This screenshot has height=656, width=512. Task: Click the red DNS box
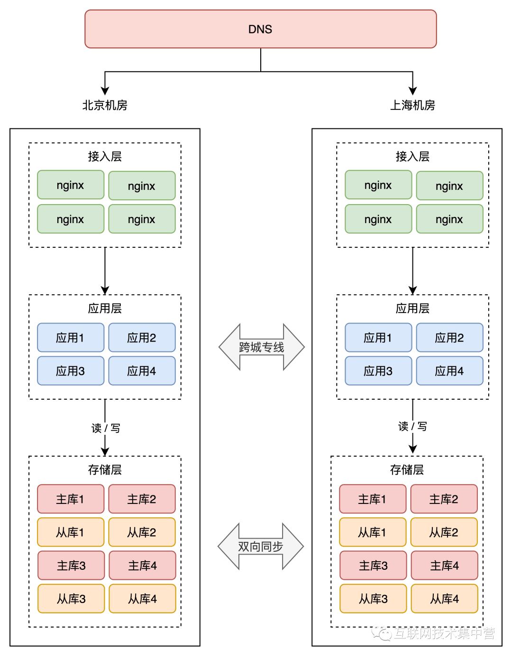click(x=260, y=29)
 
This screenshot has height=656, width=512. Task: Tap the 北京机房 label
click(x=105, y=105)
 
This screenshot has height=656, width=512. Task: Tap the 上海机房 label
click(x=412, y=105)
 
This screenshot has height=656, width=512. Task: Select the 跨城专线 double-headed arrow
click(x=262, y=347)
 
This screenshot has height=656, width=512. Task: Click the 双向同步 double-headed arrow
click(x=261, y=547)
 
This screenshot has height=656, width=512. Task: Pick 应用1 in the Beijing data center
click(x=71, y=338)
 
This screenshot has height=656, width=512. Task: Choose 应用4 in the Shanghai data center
click(x=449, y=371)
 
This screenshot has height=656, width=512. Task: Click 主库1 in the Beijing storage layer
click(x=71, y=499)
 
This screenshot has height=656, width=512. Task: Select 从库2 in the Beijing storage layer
click(x=142, y=532)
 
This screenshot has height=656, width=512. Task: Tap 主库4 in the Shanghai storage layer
click(x=444, y=566)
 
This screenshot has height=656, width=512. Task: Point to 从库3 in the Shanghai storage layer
click(x=373, y=599)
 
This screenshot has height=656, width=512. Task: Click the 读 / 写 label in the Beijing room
click(x=106, y=428)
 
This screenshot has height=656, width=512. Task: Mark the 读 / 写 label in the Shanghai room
click(x=412, y=426)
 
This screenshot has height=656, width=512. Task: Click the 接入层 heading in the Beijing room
click(x=105, y=156)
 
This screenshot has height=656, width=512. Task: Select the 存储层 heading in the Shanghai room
click(x=407, y=470)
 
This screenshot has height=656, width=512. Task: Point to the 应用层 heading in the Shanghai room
click(x=412, y=308)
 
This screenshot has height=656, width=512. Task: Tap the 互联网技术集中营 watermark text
click(x=444, y=633)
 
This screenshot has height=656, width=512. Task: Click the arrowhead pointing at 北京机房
click(x=105, y=91)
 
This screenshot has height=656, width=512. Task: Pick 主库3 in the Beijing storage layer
click(x=71, y=566)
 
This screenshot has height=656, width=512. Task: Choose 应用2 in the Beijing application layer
click(x=142, y=338)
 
